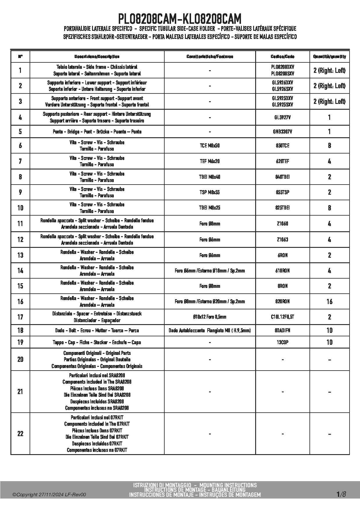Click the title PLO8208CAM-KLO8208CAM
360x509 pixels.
pos(180,19)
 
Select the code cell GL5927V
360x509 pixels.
pos(282,118)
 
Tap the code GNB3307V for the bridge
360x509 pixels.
pos(282,132)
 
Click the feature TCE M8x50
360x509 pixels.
pos(210,146)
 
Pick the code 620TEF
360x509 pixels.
pos(282,161)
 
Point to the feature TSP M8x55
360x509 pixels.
pos(210,192)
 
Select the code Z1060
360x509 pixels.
pos(282,224)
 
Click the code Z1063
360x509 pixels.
pos(282,240)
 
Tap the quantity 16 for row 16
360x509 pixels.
pos(329,302)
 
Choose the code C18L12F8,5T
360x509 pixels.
pos(282,317)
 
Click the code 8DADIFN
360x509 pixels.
pos(282,331)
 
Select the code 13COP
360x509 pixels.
pos(282,342)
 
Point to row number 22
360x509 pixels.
pos(20,434)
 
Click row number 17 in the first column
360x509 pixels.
pos(20,317)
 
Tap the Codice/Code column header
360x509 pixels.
pos(282,57)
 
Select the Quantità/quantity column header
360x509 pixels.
pos(329,57)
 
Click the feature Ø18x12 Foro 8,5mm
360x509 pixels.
pos(210,317)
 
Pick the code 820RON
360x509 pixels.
pos(282,302)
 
